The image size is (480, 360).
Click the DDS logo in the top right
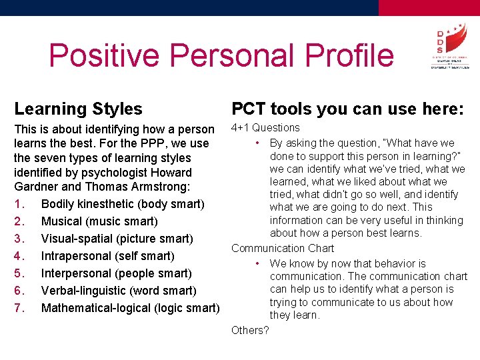449,47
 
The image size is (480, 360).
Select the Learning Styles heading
78,109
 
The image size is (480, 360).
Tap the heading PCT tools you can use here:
347,109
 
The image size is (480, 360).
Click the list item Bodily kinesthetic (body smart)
123,204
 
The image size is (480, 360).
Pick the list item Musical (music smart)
99,221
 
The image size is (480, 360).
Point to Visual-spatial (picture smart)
117,239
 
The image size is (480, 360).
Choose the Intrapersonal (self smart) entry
107,256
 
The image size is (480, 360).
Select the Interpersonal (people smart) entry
116,273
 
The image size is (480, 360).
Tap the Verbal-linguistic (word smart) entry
119,291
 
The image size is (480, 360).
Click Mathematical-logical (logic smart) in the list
130,308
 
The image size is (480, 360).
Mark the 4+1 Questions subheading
265,128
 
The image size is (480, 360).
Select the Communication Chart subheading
283,249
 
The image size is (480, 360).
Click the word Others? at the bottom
250,330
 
